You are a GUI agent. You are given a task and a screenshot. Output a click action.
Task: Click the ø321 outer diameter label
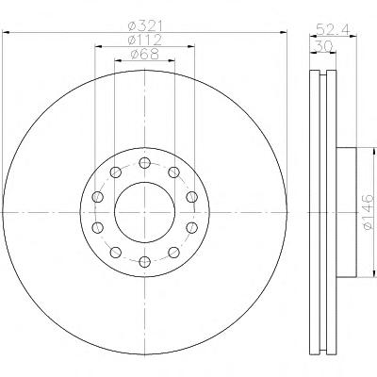(145, 26)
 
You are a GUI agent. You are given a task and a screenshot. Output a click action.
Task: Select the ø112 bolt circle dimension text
(145, 41)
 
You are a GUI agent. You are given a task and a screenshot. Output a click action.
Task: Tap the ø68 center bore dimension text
(145, 55)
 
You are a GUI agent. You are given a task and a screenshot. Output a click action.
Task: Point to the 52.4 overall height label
(333, 30)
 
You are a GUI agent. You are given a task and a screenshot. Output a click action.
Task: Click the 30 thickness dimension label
(323, 47)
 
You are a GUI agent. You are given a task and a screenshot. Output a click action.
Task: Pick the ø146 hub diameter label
(369, 212)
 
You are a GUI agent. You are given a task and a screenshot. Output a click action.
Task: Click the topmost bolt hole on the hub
(144, 163)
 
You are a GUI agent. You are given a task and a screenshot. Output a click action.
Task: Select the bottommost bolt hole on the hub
(144, 261)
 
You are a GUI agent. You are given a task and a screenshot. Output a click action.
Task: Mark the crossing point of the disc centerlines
(144, 212)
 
